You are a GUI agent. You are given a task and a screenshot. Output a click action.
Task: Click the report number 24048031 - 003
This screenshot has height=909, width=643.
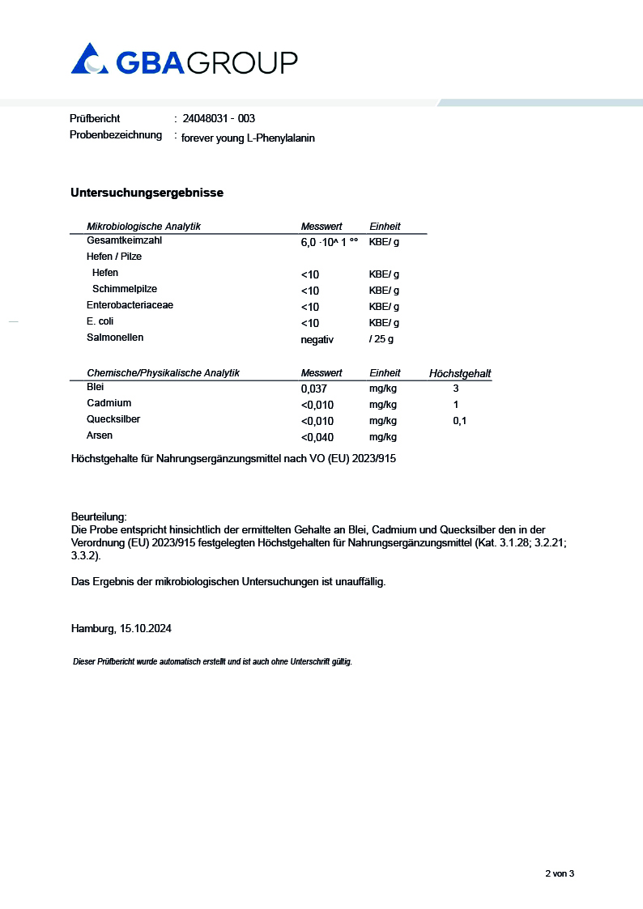(219, 118)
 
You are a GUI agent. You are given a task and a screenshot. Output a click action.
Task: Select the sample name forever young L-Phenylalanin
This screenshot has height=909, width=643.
(248, 138)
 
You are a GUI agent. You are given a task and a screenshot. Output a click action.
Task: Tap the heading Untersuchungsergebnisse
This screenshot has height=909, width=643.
(147, 193)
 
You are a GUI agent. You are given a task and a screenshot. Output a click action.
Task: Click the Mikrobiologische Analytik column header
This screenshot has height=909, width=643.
(143, 227)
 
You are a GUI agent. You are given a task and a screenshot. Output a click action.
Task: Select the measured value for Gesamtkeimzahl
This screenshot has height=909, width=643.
(329, 242)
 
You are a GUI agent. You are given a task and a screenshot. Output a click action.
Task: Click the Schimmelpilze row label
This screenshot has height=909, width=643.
(125, 289)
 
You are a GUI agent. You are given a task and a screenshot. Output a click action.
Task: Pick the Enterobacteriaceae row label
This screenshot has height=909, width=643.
(130, 305)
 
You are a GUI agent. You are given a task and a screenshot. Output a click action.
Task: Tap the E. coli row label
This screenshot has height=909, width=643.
(100, 321)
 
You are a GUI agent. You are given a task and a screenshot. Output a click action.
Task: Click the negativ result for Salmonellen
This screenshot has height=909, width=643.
(317, 339)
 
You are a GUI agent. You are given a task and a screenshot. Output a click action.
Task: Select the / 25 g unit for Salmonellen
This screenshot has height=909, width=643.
(381, 339)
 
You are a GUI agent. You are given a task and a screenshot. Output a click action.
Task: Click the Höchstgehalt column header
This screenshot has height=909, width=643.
(460, 373)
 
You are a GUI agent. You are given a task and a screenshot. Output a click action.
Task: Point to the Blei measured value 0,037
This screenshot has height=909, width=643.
(313, 389)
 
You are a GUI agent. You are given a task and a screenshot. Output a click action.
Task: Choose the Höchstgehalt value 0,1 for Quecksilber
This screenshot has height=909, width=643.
(459, 421)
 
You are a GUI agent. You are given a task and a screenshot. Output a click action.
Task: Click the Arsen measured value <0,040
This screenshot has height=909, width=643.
(317, 437)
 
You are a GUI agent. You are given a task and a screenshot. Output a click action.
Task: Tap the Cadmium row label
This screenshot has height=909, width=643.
(109, 403)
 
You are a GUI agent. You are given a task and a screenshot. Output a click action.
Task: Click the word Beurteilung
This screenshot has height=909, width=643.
(99, 516)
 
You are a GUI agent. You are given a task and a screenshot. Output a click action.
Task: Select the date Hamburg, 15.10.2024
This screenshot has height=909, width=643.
(121, 628)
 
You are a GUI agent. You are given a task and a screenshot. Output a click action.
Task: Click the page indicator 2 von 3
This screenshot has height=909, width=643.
(560, 873)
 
